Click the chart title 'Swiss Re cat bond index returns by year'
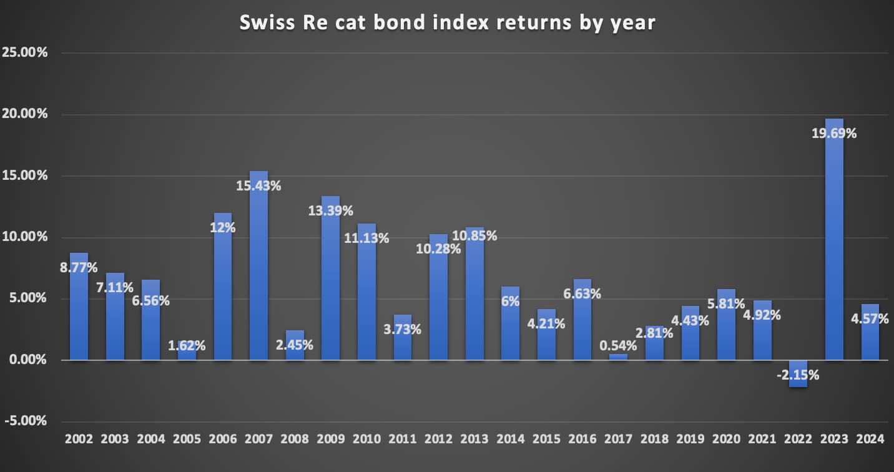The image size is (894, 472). pos(448,23)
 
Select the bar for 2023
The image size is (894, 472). pos(834,250)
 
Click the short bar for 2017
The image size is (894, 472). pos(618,357)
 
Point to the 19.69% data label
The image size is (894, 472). pos(835,133)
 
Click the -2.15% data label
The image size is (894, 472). pos(798,375)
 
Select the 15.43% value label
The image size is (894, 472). pos(258,185)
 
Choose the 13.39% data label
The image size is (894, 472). pos(330,210)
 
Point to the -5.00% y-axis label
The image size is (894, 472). pos(26,421)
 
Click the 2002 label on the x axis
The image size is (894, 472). pos(79,439)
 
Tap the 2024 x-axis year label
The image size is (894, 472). pos(870,439)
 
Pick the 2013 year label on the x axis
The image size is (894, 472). pos(474,439)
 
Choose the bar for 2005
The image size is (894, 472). pos(186,351)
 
